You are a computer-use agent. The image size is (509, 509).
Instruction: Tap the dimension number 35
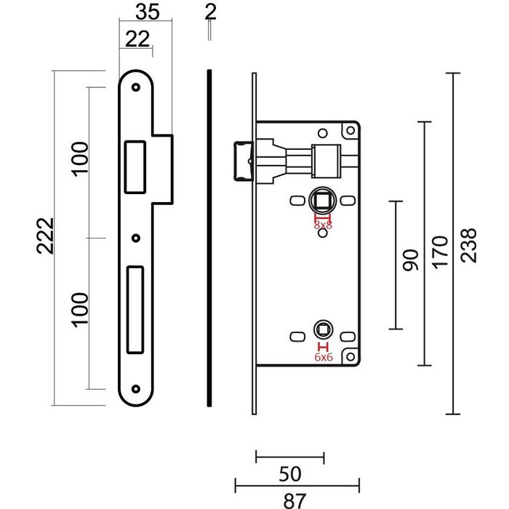pyautogui.click(x=148, y=12)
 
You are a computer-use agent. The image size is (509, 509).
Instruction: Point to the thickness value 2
pyautogui.click(x=210, y=12)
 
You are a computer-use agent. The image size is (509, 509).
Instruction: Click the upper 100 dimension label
pyautogui.click(x=80, y=158)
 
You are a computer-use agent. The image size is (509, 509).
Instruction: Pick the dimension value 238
pyautogui.click(x=468, y=246)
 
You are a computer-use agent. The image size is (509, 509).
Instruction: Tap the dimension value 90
pyautogui.click(x=411, y=260)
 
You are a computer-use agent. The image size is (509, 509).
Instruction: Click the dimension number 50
pyautogui.click(x=289, y=475)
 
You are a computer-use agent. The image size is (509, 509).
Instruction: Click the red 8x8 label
pyautogui.click(x=322, y=226)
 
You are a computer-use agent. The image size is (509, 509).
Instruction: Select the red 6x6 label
pyautogui.click(x=322, y=357)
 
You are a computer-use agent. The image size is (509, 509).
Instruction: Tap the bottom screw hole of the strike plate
pyautogui.click(x=135, y=389)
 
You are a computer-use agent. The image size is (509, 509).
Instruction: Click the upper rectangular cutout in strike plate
pyautogui.click(x=135, y=166)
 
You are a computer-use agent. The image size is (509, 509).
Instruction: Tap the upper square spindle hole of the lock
pyautogui.click(x=321, y=201)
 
